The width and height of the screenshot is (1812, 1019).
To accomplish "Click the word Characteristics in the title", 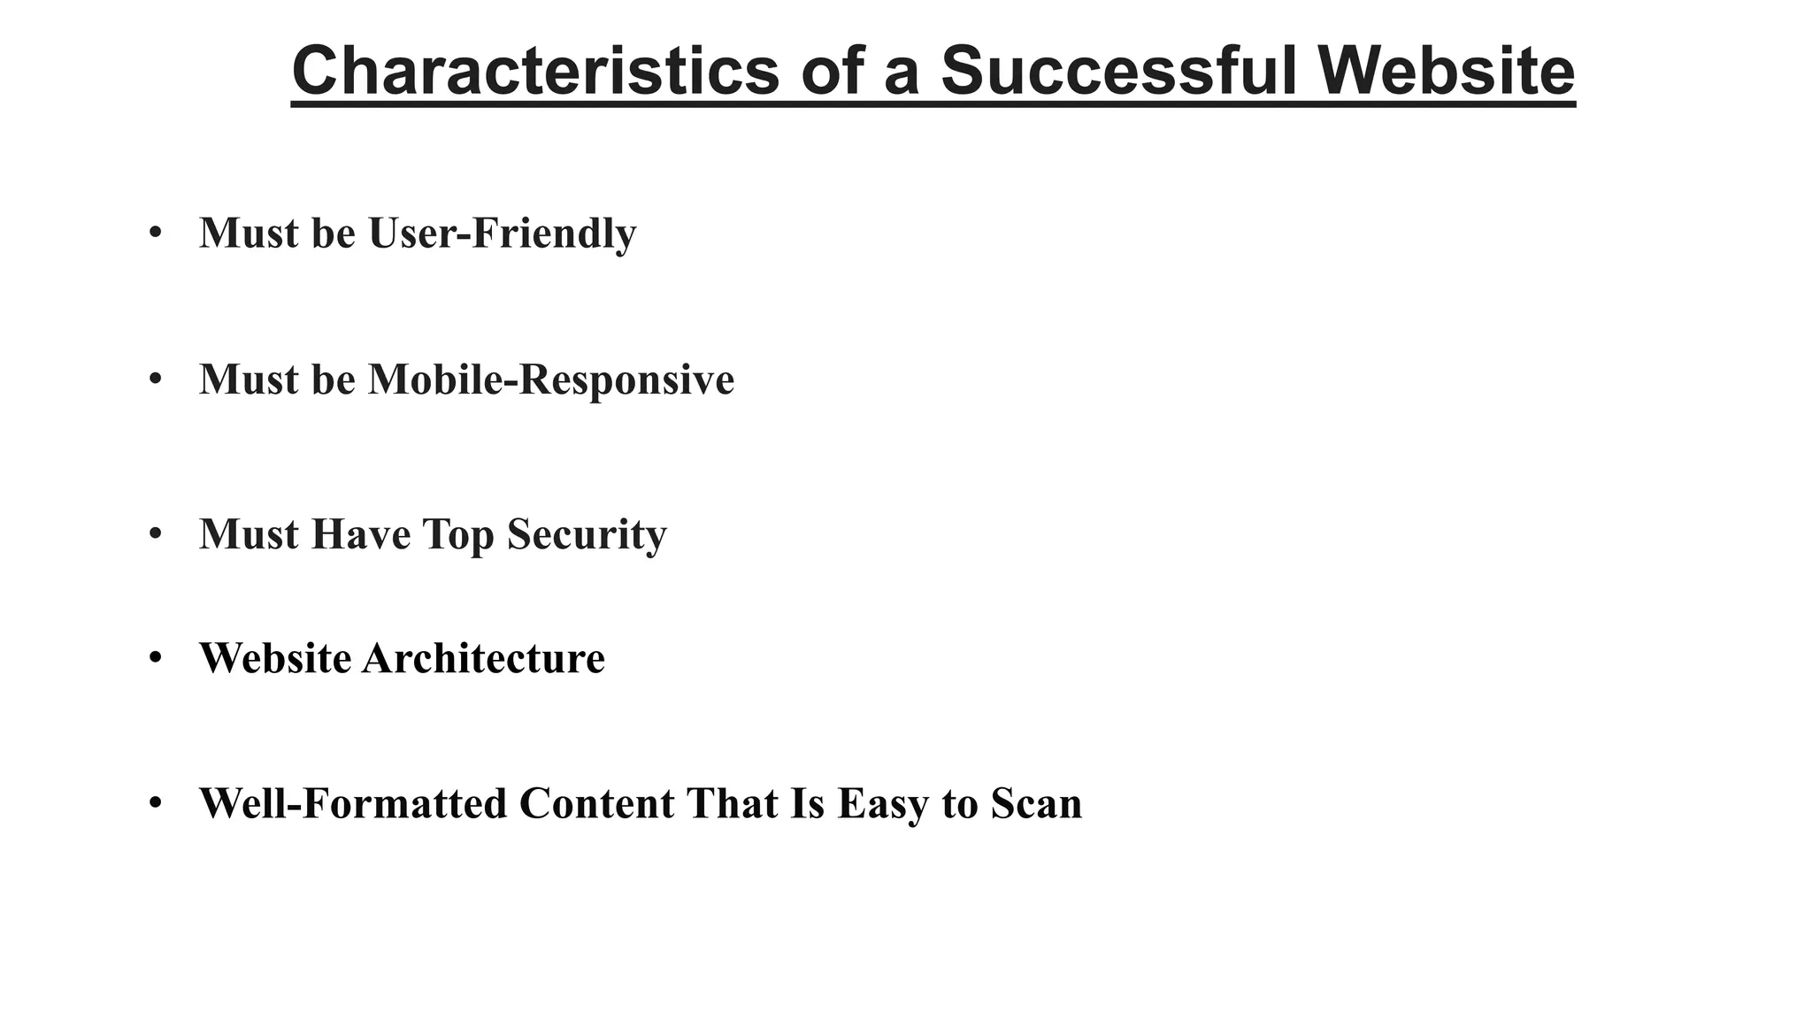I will (535, 71).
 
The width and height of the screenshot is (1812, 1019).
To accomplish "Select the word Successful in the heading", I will (1117, 71).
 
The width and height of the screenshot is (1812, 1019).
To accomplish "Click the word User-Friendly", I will (502, 234).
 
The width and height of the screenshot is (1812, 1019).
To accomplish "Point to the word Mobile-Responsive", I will (550, 379).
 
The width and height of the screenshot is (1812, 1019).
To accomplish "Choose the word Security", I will (587, 534).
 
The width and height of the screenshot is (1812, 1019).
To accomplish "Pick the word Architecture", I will (483, 658).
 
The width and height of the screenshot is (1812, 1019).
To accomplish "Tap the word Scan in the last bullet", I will (1036, 804).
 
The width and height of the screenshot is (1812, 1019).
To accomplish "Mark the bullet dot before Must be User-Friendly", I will (156, 233).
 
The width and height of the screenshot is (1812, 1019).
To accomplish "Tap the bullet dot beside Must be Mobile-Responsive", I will (156, 379).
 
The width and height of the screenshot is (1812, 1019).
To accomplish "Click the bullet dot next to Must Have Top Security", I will (156, 533).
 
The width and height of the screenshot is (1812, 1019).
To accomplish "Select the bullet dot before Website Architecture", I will (156, 657).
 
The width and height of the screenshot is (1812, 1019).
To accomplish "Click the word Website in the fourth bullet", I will (275, 658).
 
